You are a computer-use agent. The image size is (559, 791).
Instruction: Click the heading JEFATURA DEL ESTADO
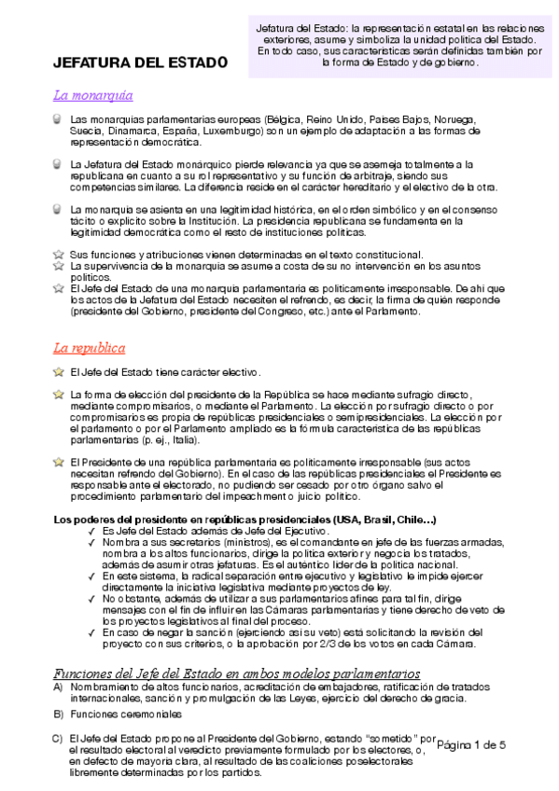140,62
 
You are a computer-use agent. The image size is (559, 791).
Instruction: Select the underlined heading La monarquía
92,95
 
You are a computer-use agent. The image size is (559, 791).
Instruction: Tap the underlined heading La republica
89,348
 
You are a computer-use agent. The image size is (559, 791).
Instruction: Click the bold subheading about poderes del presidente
245,519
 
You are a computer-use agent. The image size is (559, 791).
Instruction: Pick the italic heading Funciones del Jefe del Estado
236,673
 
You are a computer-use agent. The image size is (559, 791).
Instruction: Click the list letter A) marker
58,687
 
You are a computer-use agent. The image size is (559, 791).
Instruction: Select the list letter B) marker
58,715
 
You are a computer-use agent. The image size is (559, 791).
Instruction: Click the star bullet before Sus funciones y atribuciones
59,255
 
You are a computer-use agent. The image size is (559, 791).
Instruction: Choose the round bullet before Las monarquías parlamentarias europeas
59,120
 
